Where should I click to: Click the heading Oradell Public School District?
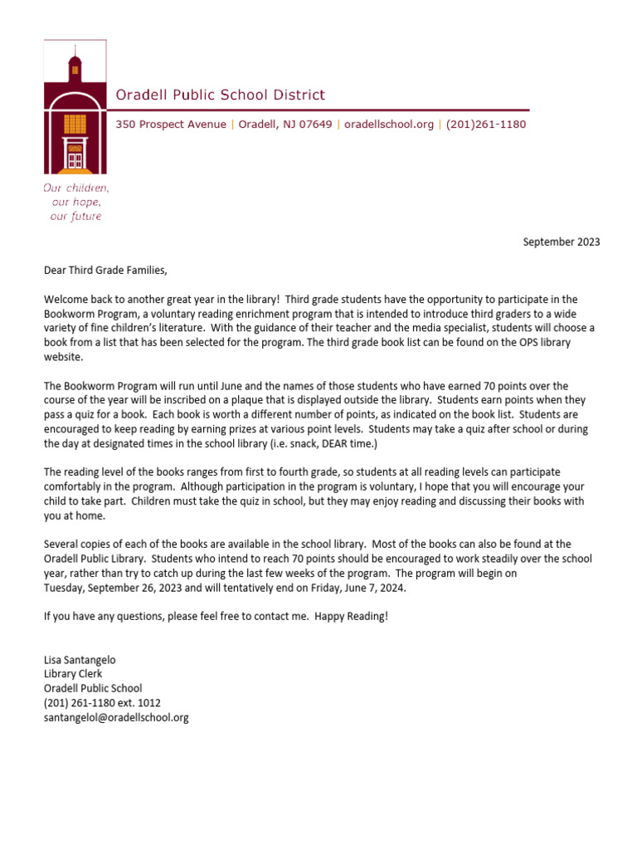pos(220,95)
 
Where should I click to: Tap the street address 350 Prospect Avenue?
pos(170,125)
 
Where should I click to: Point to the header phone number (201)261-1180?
pos(485,125)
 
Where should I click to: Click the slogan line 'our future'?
pos(75,217)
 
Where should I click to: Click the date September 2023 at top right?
pos(561,242)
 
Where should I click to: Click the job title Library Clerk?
pos(74,674)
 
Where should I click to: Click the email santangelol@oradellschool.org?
pos(116,717)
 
